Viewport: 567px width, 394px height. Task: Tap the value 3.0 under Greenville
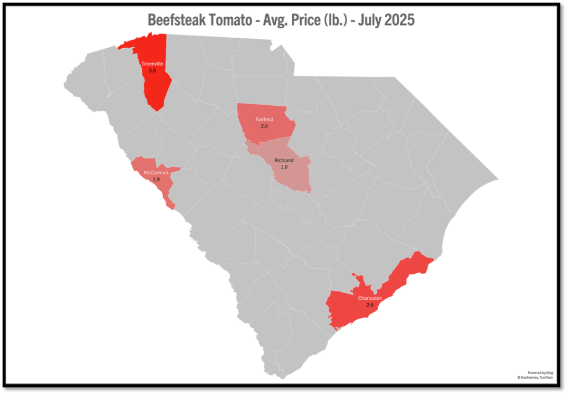pos(152,70)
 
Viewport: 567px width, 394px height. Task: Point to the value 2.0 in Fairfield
pos(264,126)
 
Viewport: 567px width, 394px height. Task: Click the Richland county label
pos(285,161)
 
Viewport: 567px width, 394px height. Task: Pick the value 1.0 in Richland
pos(285,167)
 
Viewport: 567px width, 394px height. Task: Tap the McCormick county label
pos(156,173)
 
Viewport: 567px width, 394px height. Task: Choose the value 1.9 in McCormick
pos(156,180)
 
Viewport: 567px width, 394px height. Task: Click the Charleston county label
pos(370,298)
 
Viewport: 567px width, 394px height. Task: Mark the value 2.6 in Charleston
pos(370,305)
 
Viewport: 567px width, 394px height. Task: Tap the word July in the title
pos(367,20)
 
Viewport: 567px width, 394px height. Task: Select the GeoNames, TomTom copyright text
pos(535,377)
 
